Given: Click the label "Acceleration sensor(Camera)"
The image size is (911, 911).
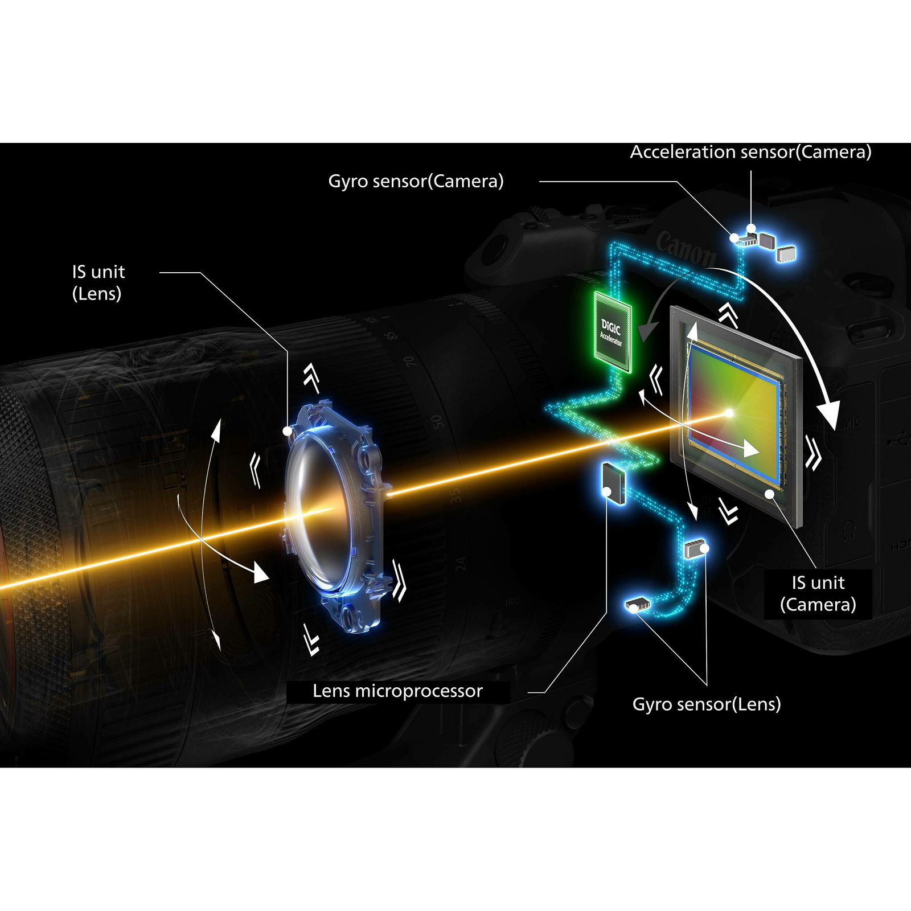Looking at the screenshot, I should point(750,152).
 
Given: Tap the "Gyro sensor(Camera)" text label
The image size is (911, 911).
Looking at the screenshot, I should point(416,181).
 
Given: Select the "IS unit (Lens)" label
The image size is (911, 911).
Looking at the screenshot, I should point(98,282).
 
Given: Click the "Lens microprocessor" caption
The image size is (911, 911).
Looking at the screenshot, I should point(397,691).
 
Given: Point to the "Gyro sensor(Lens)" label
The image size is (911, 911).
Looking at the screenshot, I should point(706,704).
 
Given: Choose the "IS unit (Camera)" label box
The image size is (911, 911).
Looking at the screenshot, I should point(818,593).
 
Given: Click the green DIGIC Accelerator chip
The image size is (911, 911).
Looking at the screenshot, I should point(612,332).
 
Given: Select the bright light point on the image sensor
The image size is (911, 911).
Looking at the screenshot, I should point(729,412).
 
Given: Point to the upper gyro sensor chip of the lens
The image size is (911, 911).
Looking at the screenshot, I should point(694,549).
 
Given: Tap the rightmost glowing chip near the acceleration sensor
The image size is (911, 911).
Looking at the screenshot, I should point(786,253).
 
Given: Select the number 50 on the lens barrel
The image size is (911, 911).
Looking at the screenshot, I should point(436,422).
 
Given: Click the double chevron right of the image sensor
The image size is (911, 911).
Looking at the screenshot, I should point(813,452).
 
